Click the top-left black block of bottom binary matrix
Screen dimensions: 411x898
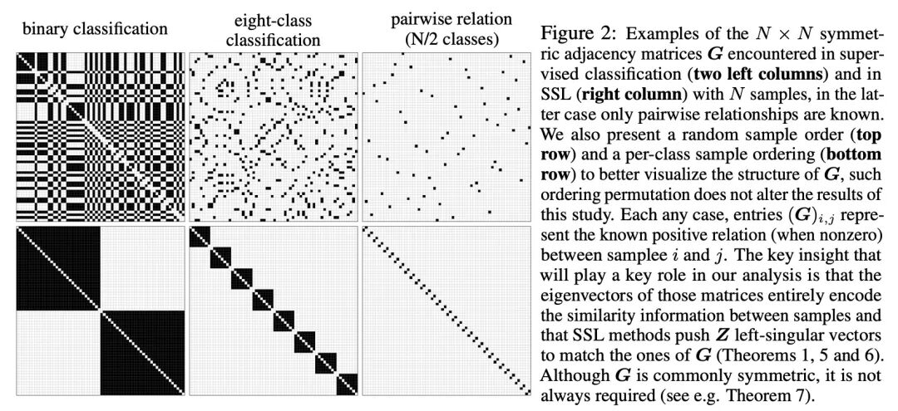click(x=57, y=267)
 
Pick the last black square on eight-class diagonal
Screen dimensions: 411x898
click(x=347, y=383)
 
